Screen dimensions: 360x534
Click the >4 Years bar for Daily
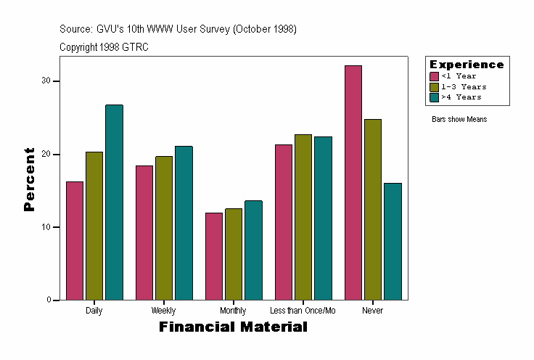point(114,202)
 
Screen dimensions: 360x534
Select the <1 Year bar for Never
point(353,182)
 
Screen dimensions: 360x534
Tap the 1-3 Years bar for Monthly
point(234,254)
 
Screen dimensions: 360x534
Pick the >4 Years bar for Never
point(393,241)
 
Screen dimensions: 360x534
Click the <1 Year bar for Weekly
point(144,232)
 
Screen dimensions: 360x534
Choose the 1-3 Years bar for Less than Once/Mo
point(303,217)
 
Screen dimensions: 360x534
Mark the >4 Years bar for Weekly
point(184,223)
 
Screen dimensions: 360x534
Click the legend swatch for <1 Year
point(434,76)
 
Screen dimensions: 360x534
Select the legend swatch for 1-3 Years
point(434,86)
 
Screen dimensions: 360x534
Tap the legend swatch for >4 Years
point(434,97)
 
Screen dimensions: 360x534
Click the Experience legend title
point(467,65)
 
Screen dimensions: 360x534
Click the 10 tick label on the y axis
point(46,227)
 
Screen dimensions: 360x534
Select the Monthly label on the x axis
point(233,311)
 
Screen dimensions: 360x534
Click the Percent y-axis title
point(29,179)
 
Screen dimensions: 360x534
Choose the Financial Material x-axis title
point(233,327)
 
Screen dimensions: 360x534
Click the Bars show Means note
point(459,119)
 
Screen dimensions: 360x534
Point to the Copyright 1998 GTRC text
point(104,46)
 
